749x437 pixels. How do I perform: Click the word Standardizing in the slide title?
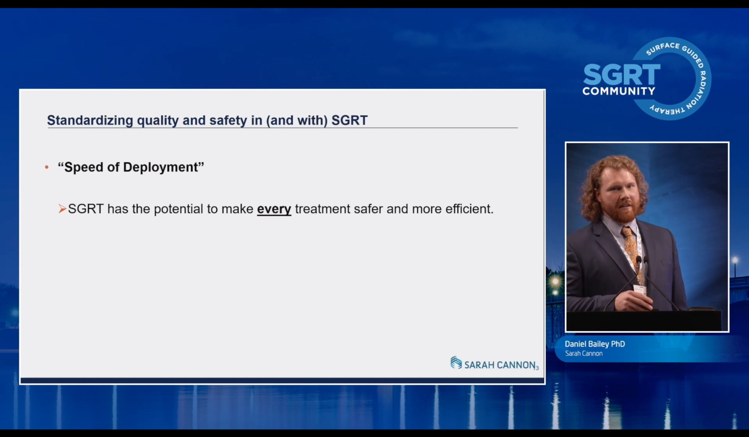(90, 121)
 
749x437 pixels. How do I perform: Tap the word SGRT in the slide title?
(350, 120)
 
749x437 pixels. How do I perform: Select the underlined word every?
(274, 210)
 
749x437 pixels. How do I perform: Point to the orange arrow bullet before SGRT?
(62, 209)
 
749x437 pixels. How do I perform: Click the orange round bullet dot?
(47, 167)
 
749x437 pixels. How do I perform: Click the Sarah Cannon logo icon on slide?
(456, 362)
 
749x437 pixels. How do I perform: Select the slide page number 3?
(537, 368)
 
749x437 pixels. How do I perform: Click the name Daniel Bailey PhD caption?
(595, 344)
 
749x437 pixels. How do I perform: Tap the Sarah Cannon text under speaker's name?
(584, 354)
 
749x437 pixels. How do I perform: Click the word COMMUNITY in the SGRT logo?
(619, 91)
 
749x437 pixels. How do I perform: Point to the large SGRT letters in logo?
(622, 75)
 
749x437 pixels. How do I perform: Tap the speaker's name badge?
(639, 290)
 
